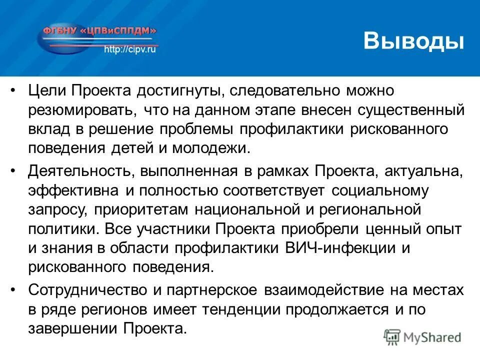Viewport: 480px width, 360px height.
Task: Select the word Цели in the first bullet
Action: pos(47,91)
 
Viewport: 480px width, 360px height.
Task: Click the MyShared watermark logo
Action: pos(422,336)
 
